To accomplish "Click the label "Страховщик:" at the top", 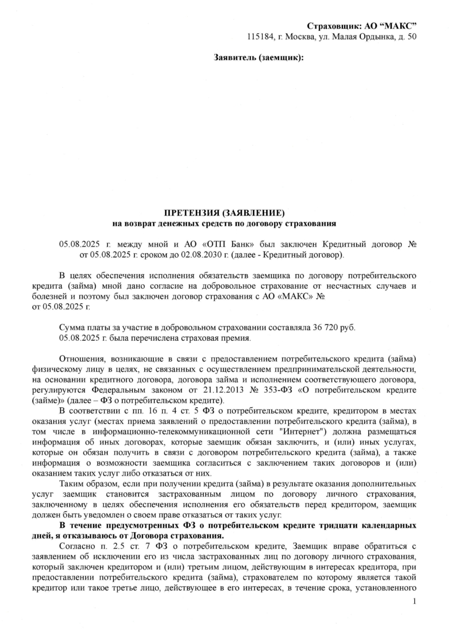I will tap(334, 26).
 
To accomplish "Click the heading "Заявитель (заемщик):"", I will tap(259, 57).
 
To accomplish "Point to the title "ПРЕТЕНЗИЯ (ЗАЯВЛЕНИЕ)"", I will tap(224, 213).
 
